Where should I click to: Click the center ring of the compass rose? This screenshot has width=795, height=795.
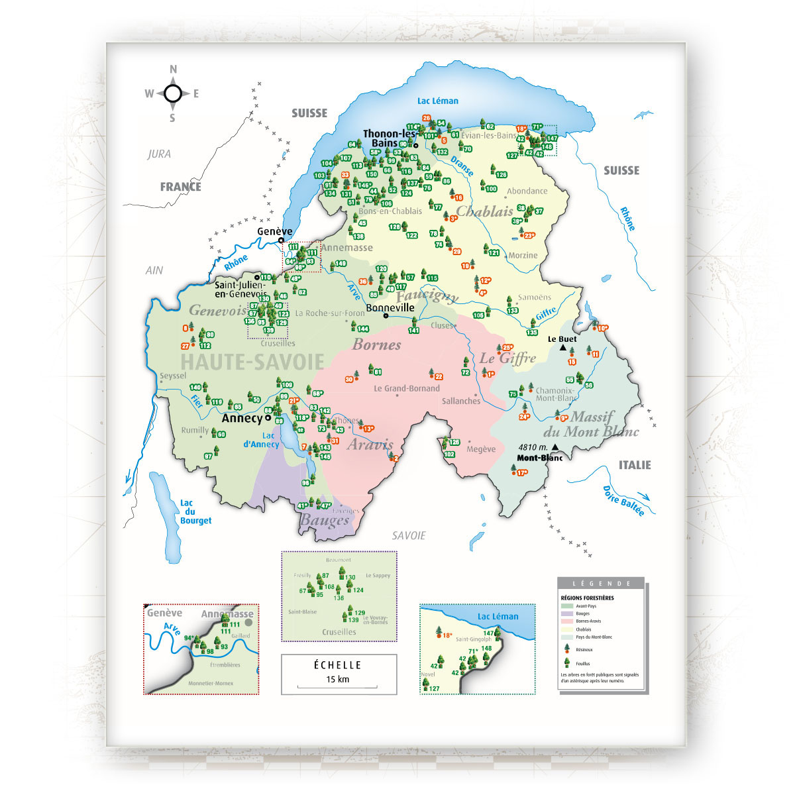click(x=173, y=93)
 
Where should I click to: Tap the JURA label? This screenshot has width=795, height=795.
click(x=159, y=154)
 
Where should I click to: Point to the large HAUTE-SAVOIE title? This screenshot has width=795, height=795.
click(x=252, y=362)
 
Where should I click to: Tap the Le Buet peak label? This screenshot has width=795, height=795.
click(x=562, y=339)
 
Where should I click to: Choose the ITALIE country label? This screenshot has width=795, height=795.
click(x=635, y=465)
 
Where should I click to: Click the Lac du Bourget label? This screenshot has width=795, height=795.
click(x=195, y=512)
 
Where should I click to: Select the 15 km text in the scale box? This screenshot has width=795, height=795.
click(x=338, y=679)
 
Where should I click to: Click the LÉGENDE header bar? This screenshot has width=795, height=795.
click(x=601, y=584)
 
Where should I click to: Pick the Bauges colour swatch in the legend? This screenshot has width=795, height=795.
click(x=566, y=613)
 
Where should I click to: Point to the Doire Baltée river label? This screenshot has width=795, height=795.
click(x=623, y=501)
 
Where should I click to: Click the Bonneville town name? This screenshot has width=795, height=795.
click(x=390, y=307)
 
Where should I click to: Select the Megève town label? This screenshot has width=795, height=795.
click(x=481, y=449)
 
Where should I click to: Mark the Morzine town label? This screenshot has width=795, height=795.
click(x=523, y=255)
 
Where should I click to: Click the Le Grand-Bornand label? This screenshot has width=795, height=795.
click(x=406, y=388)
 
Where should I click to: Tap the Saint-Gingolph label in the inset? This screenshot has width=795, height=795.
click(x=474, y=639)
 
